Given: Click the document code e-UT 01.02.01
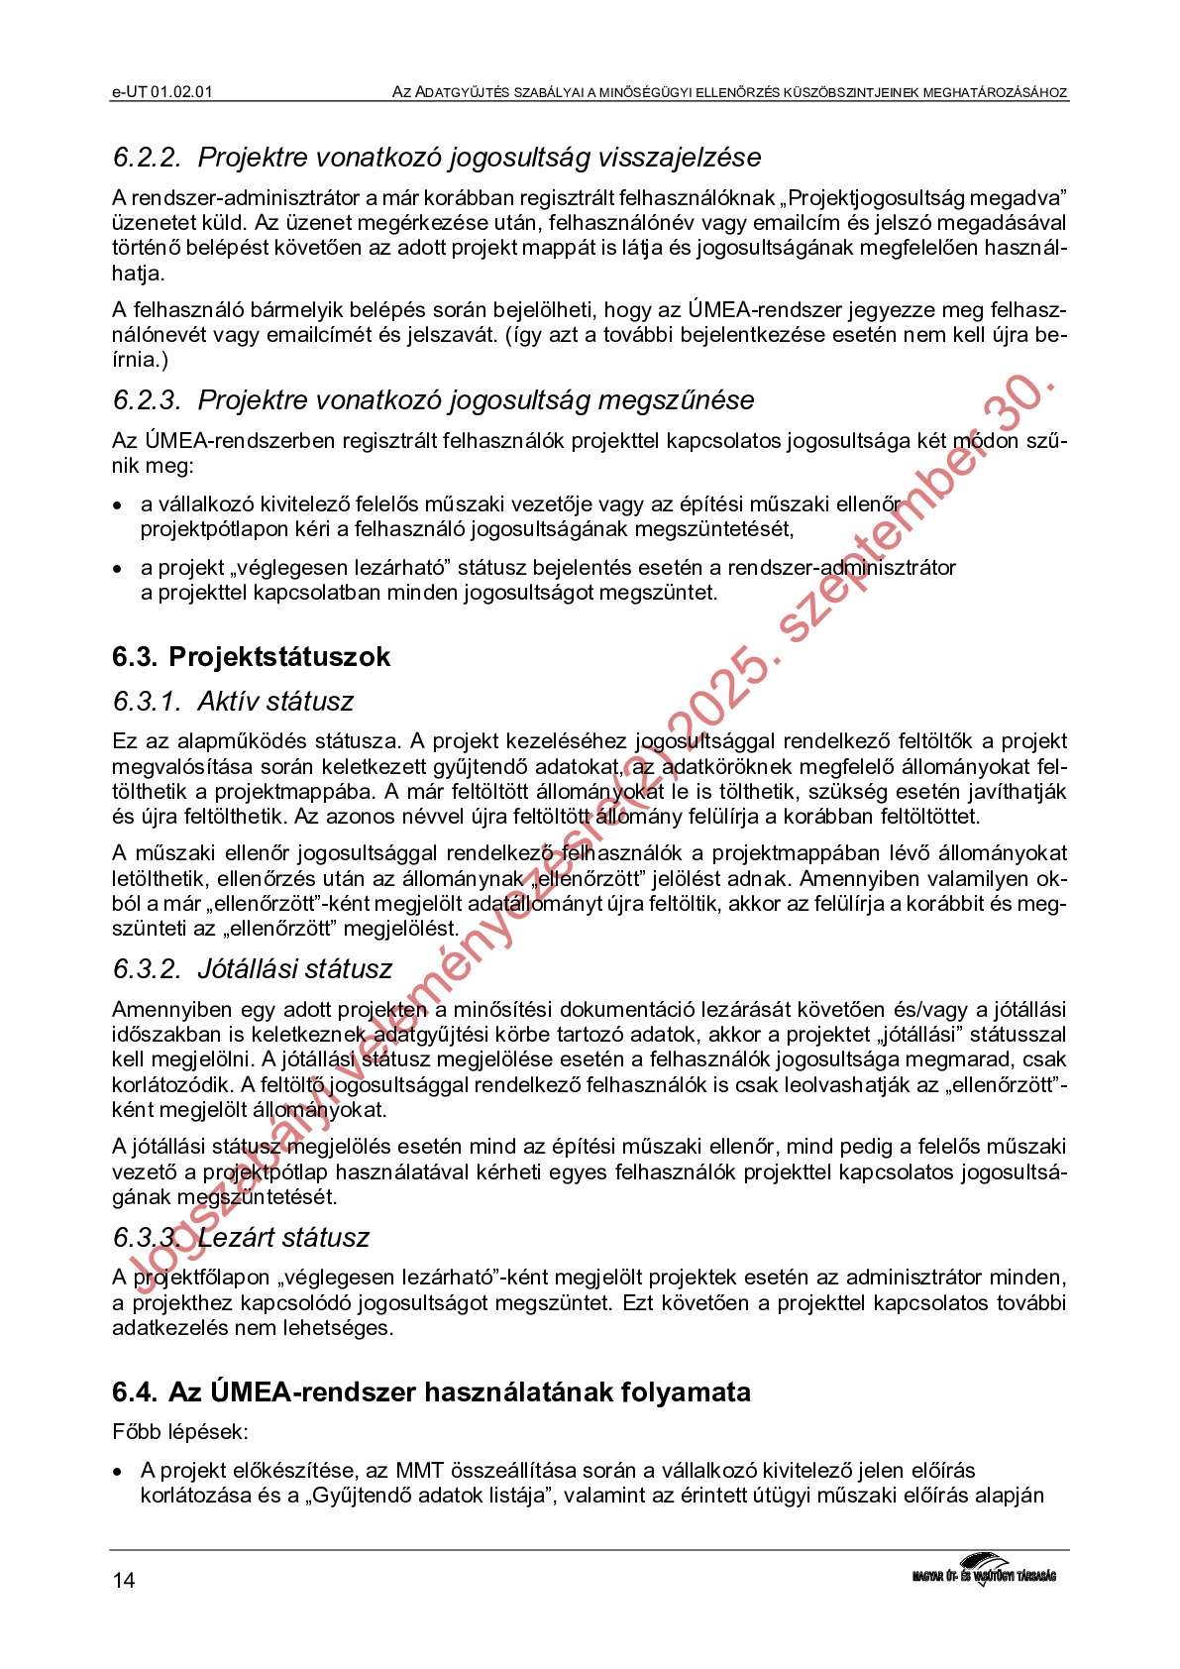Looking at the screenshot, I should point(162,92).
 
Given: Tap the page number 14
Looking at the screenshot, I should point(124,1580).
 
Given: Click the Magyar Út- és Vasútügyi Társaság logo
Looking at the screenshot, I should point(984,1570).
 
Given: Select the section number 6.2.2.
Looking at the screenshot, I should point(147,158).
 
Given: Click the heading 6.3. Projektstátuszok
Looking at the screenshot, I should point(251,656).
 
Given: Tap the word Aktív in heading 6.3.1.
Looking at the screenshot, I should point(231,702).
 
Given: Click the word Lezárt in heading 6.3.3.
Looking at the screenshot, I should point(237,1238).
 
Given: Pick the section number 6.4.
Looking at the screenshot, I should point(135,1392).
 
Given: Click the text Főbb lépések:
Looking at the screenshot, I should point(179,1432).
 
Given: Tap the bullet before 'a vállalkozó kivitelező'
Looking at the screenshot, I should point(118,505).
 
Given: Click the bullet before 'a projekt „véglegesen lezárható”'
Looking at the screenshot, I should point(118,569).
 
